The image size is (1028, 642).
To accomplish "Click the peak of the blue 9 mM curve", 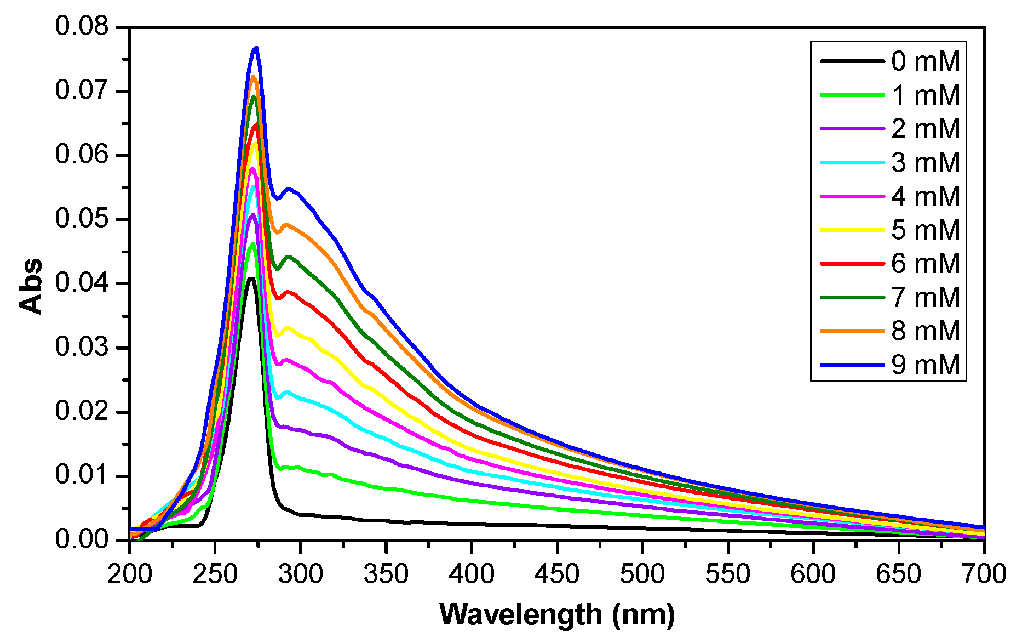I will point(256,48).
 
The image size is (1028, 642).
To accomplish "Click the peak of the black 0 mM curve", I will point(251,279).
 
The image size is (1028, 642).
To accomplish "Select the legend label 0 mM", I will point(926,61).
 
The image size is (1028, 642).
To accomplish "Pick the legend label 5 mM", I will point(926,230).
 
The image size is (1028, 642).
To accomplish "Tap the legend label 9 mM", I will point(926,365).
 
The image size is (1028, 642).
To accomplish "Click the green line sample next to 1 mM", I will point(852,95).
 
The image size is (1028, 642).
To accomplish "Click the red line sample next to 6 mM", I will point(852,264).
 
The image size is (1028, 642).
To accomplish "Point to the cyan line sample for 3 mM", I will point(852,163).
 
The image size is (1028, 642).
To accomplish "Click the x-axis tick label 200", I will point(130,574).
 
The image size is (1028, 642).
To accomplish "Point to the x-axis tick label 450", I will point(557,574).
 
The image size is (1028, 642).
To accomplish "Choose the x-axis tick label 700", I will point(984,574).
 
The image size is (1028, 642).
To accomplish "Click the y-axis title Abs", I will point(31,286).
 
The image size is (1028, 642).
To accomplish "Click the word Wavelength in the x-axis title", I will point(520,614).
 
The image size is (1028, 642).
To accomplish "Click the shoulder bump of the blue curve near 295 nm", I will point(289,189).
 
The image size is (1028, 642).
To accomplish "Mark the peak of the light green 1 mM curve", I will point(252,244).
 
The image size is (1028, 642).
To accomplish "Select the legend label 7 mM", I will point(926,298).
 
